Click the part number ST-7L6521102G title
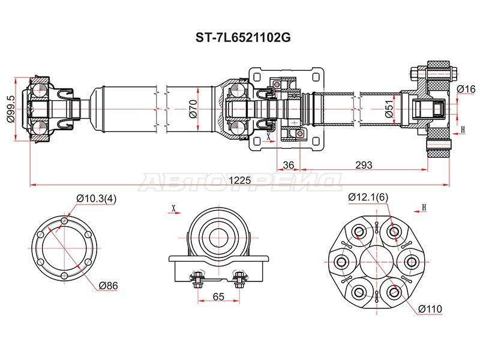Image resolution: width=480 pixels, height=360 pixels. pyautogui.click(x=243, y=38)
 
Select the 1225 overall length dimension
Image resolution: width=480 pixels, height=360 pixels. pyautogui.click(x=240, y=180)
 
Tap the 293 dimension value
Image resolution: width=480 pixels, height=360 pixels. pyautogui.click(x=364, y=165)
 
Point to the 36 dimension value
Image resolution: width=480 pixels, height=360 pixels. pyautogui.click(x=289, y=165)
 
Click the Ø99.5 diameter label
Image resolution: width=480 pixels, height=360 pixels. pyautogui.click(x=10, y=109)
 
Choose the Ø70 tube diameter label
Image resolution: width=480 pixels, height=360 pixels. pyautogui.click(x=193, y=109)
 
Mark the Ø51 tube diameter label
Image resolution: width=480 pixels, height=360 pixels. pyautogui.click(x=389, y=109)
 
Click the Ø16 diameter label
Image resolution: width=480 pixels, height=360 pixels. pyautogui.click(x=466, y=89)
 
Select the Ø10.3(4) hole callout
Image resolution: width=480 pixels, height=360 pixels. pyautogui.click(x=96, y=199)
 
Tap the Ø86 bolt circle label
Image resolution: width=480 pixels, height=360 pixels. pyautogui.click(x=108, y=286)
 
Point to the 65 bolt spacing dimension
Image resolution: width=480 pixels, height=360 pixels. pyautogui.click(x=218, y=296)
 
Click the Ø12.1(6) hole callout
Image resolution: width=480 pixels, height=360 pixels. pyautogui.click(x=368, y=197)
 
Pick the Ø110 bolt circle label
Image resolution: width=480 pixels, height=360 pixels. pyautogui.click(x=430, y=309)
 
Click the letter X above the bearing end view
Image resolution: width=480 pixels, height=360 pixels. pyautogui.click(x=173, y=208)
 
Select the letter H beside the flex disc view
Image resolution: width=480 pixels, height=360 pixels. pyautogui.click(x=424, y=208)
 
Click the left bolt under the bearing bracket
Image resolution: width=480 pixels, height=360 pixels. pyautogui.click(x=197, y=279)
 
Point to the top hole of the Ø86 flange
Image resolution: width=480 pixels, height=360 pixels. pyautogui.click(x=64, y=221)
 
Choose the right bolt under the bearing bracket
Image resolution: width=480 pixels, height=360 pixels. pyautogui.click(x=239, y=279)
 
